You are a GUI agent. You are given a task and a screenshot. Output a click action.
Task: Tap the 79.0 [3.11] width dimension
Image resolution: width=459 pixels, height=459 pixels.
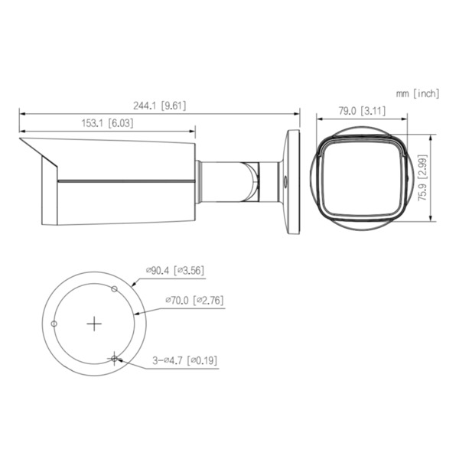point(362,110)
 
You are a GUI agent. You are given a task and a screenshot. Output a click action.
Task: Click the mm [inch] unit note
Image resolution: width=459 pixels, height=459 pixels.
point(418,93)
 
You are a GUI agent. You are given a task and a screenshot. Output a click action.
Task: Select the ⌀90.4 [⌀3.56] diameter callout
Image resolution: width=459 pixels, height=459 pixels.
point(174,269)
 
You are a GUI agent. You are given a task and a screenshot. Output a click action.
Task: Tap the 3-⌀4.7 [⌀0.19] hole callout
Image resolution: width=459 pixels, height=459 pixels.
point(183,358)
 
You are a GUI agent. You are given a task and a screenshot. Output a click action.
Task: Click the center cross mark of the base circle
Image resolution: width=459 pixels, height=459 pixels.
point(94,324)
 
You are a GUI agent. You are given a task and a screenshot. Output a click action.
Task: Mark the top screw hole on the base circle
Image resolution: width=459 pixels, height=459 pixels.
point(115,289)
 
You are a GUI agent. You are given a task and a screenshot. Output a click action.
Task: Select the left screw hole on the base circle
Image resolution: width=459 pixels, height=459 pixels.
point(54,324)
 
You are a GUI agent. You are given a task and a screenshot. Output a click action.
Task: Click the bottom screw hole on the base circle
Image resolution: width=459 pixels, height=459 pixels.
point(115,358)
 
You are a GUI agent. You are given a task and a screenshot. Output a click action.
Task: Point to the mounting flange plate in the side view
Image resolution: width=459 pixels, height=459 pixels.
point(291,181)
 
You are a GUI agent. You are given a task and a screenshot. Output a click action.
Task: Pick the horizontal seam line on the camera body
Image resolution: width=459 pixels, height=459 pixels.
point(122,181)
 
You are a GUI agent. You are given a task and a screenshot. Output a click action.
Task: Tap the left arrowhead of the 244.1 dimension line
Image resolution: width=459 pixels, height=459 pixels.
point(21,113)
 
